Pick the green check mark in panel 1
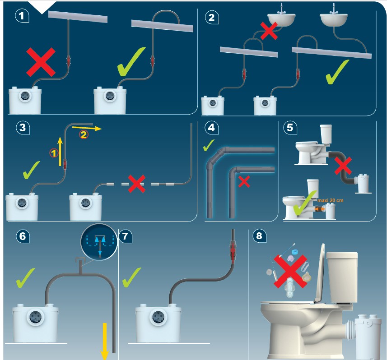coord(132,62)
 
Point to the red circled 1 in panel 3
coord(53,153)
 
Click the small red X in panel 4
coord(244,181)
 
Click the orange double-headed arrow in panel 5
coord(320,209)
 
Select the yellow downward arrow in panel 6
coord(104,340)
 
